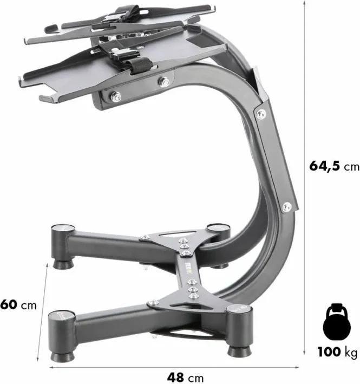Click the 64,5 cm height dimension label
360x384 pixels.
[334, 166]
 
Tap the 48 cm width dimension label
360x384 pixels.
[185, 377]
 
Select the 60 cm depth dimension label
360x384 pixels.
[18, 305]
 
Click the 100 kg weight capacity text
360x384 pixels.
[337, 353]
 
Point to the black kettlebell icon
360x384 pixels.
[337, 322]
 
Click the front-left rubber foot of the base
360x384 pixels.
[62, 356]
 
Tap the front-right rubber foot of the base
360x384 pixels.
[240, 352]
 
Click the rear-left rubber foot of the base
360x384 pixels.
[63, 264]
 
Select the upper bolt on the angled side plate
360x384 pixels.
[261, 114]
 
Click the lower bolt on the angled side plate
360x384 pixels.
[287, 207]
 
